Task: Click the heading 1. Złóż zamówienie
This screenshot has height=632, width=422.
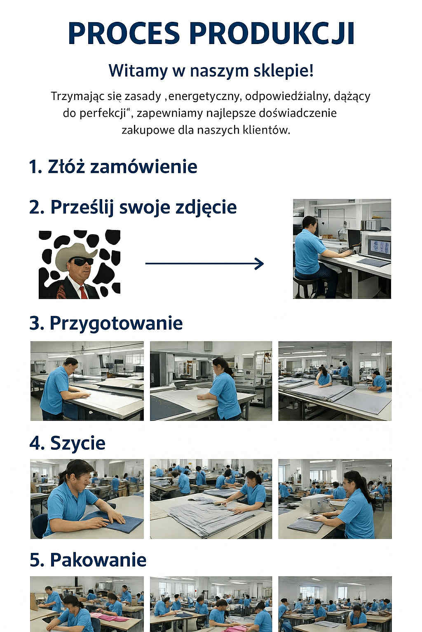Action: tap(113, 167)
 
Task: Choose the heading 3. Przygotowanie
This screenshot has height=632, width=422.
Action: tap(106, 323)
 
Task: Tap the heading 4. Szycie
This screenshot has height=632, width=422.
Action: tap(68, 443)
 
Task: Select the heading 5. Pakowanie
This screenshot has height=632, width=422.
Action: tap(88, 560)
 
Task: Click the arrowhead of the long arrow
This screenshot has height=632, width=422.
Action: tap(260, 264)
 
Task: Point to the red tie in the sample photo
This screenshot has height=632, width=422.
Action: tap(83, 292)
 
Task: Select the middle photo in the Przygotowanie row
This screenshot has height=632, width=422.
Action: tap(211, 381)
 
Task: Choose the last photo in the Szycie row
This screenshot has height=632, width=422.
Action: tap(335, 499)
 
